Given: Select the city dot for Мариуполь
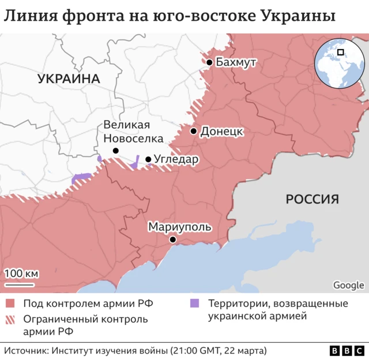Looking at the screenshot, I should click(172, 239).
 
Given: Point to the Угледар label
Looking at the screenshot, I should click(176, 159).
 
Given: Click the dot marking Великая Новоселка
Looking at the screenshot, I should click(115, 151).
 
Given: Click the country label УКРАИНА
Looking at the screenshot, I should click(69, 79).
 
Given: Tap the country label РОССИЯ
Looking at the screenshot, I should click(312, 200).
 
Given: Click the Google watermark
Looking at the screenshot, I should click(348, 285).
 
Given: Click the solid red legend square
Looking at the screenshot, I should click(10, 303).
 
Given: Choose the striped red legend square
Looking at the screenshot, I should click(10, 319).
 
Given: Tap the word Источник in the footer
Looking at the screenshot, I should click(27, 350).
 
